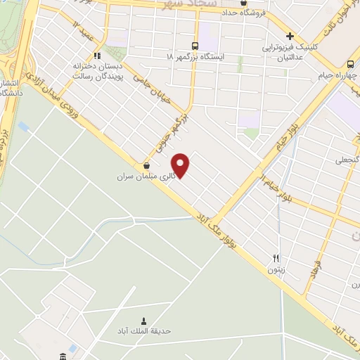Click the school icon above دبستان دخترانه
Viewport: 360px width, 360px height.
[x=96, y=55]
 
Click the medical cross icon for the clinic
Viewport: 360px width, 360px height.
[x=289, y=37]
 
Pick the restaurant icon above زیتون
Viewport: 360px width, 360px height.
[x=276, y=258]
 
